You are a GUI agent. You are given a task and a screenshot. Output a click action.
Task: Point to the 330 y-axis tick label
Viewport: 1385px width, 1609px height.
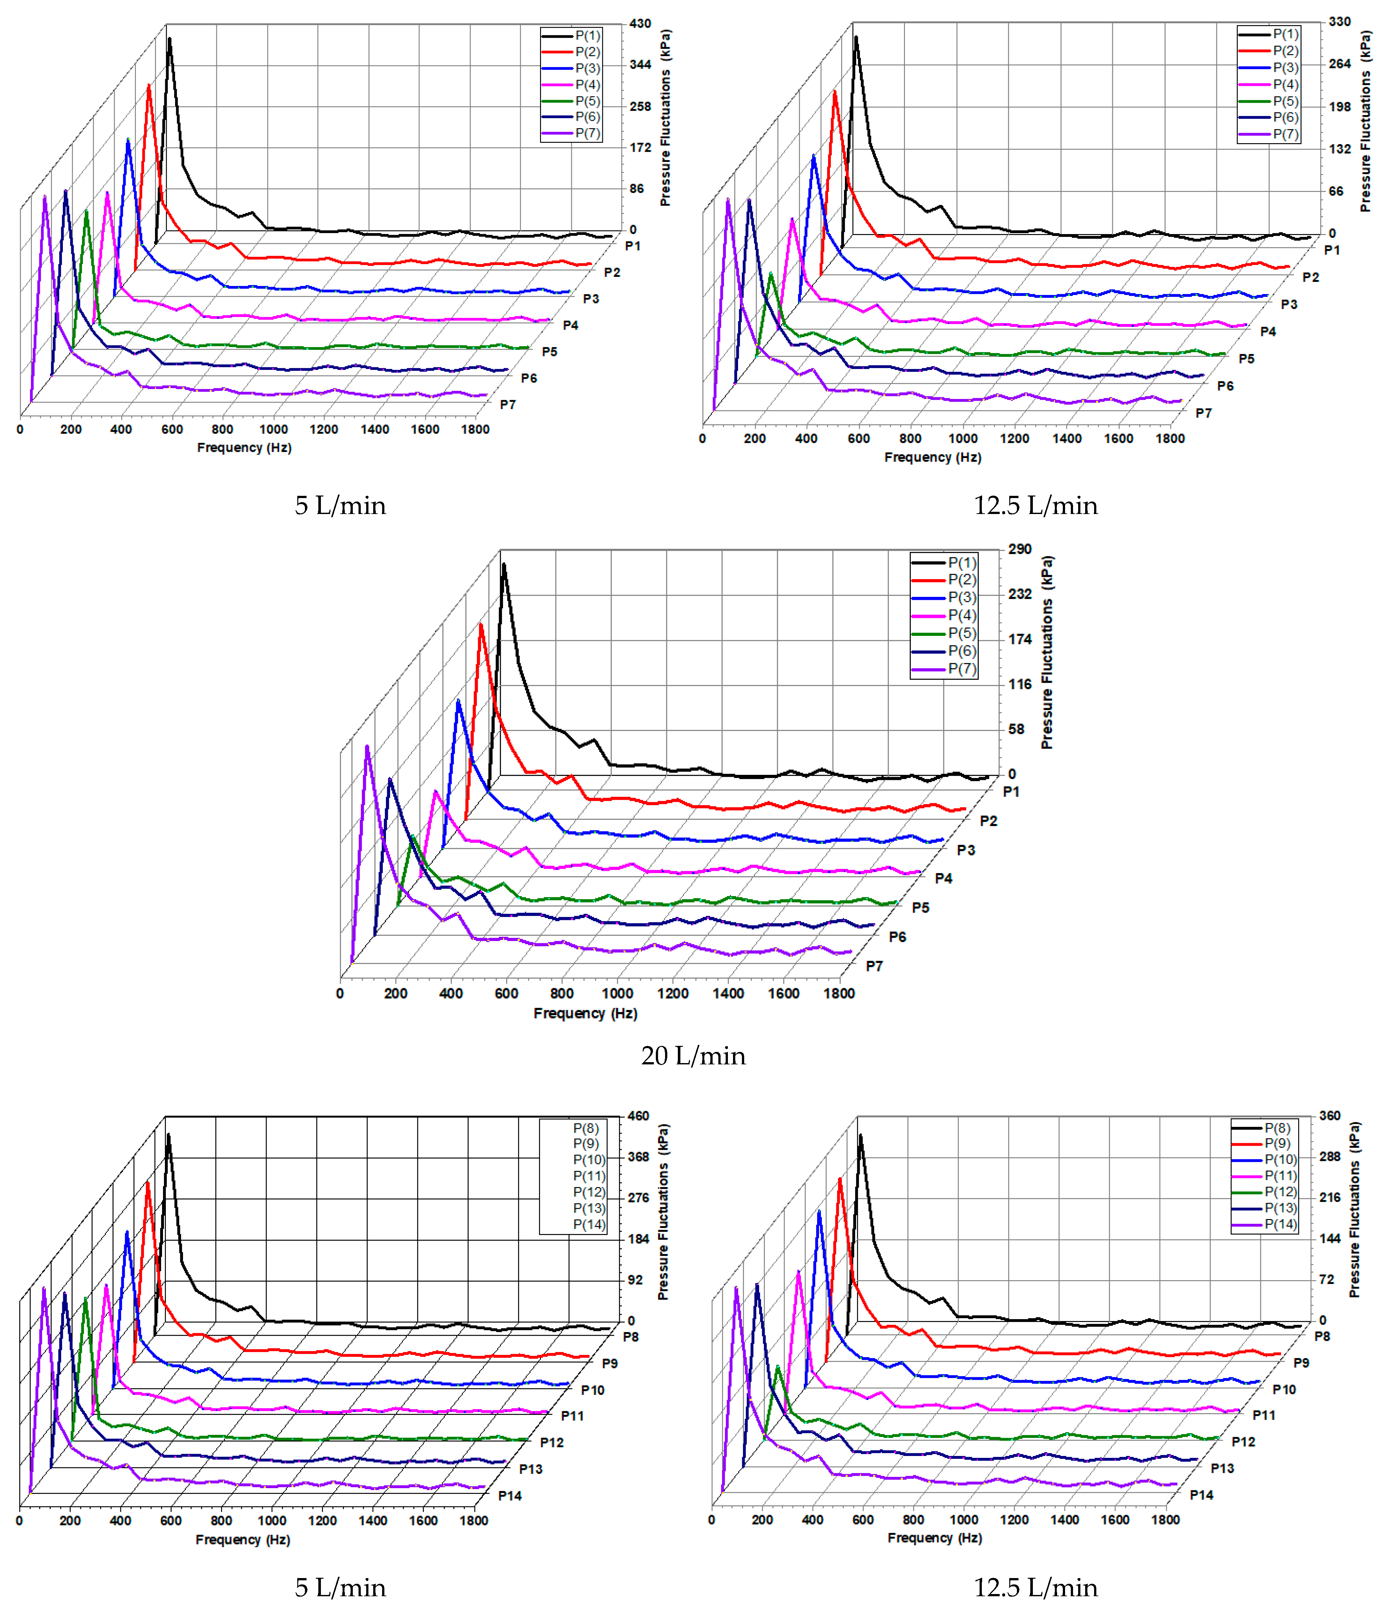click(1339, 22)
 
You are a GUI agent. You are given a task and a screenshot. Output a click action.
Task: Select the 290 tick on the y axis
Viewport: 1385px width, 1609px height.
click(1019, 549)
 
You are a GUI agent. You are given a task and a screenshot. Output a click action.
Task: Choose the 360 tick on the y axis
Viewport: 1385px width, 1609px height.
click(1330, 1116)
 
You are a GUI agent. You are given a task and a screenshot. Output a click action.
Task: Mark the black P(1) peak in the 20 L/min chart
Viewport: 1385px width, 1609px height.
click(503, 564)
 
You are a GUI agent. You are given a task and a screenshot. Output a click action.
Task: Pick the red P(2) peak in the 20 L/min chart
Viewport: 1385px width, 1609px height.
click(481, 624)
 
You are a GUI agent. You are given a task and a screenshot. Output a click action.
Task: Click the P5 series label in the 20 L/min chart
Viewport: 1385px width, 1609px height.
click(921, 907)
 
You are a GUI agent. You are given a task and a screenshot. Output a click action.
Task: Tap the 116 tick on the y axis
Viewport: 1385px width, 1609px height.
click(1019, 684)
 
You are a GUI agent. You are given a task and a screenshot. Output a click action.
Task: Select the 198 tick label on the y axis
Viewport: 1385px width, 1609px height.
click(1339, 107)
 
